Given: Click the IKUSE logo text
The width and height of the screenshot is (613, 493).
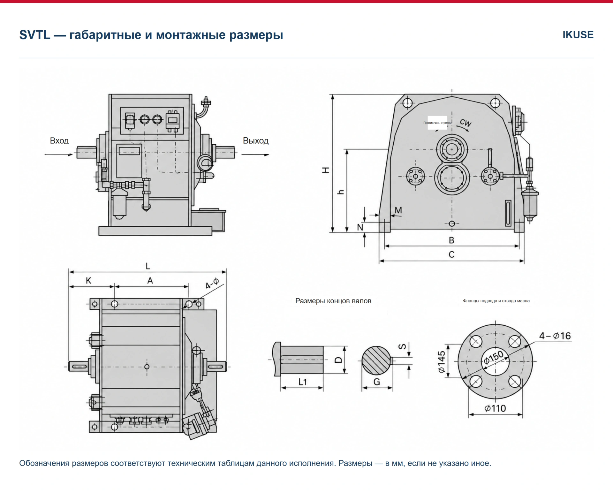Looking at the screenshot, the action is point(578,34).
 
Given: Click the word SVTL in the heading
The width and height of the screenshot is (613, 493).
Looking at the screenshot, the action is point(35,35).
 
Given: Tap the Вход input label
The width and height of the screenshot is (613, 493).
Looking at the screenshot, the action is point(59,141).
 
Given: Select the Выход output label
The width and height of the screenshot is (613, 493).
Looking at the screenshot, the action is point(256,141).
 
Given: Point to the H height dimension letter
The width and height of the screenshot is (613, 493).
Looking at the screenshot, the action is point(326,170).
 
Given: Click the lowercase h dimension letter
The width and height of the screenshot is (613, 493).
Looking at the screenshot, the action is point(341,192).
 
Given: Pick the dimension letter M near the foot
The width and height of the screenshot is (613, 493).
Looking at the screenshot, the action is point(398,210).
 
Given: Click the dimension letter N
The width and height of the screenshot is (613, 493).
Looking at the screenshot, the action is point(360,227).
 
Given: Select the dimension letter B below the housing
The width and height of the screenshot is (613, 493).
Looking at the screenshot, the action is point(451,240).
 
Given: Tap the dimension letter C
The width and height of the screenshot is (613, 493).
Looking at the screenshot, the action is point(451,254).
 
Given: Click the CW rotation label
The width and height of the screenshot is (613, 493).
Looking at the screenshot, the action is point(465,123).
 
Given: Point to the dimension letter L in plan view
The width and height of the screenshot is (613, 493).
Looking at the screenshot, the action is point(148,266).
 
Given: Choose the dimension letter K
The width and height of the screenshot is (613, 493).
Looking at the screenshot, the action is point(88,281).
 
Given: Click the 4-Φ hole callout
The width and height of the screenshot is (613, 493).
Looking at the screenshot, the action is point(212,283).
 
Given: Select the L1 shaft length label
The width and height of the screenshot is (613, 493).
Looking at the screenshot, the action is point(302,382).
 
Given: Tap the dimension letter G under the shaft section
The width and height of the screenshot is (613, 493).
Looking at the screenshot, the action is point(377,382).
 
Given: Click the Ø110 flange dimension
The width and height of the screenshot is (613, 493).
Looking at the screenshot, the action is point(495,408).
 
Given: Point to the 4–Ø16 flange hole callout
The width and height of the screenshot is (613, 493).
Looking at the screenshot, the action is point(555,336).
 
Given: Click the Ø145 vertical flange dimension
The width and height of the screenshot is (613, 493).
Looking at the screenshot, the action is point(442,362).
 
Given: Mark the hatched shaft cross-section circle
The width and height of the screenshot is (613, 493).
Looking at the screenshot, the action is point(376,360).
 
